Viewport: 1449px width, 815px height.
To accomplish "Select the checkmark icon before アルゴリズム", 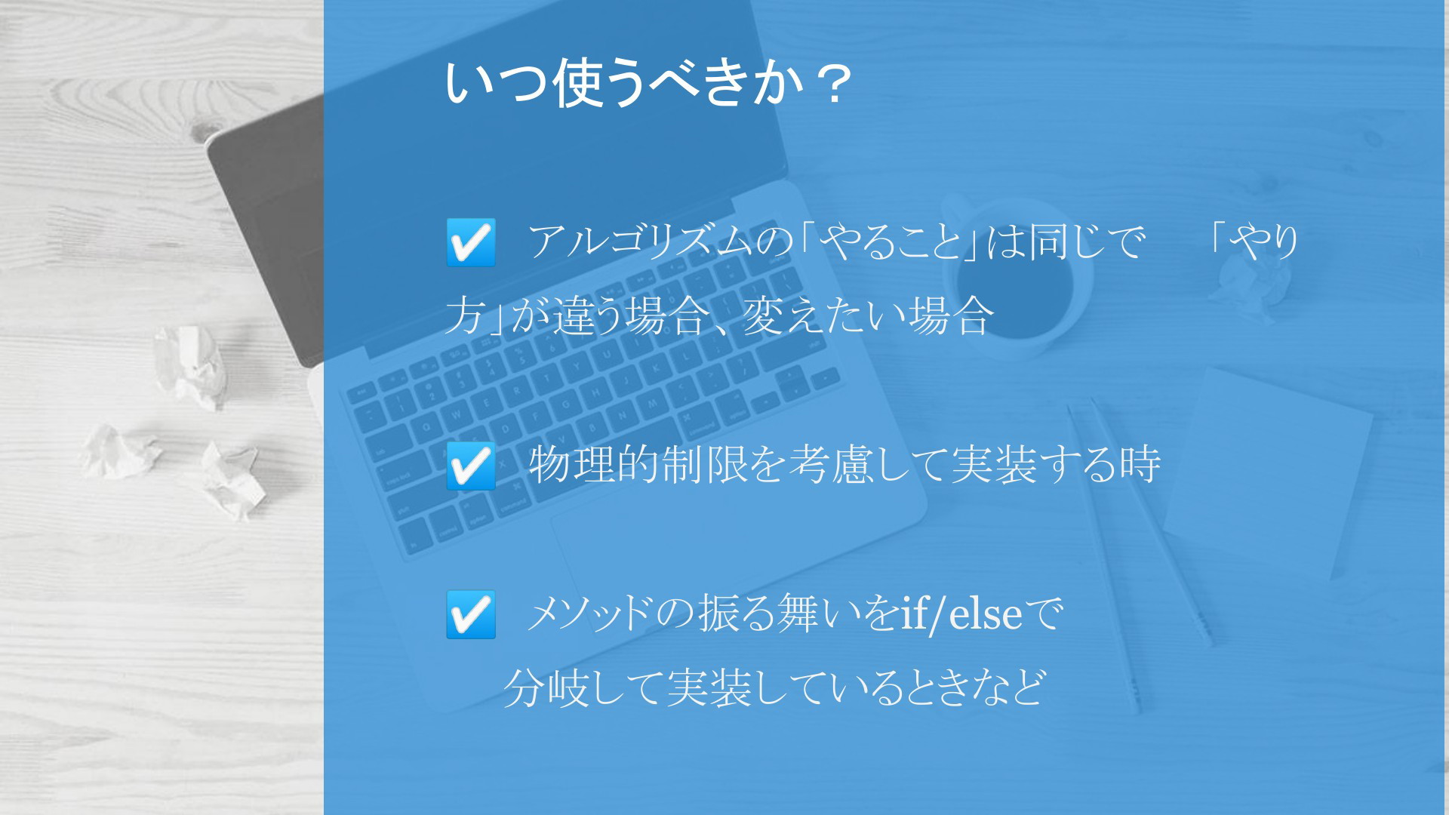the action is (x=471, y=242).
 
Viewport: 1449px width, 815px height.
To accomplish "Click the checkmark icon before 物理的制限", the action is (x=471, y=466).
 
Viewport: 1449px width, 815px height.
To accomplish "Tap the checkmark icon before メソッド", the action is (x=471, y=614).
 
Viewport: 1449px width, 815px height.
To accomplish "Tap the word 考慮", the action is (x=830, y=465).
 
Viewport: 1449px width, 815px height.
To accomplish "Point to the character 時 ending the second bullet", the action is (x=1140, y=465).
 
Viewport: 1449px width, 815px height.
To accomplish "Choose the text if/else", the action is (x=961, y=614).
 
